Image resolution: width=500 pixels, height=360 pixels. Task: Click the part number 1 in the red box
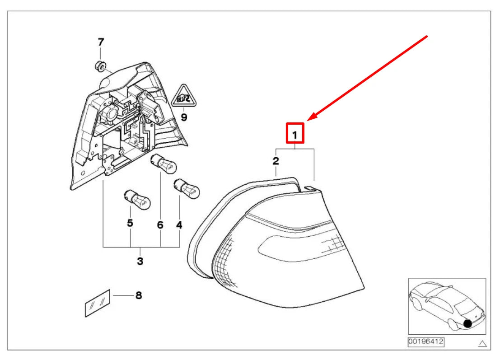pyautogui.click(x=294, y=135)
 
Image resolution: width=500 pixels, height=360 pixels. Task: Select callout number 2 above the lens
pyautogui.click(x=276, y=161)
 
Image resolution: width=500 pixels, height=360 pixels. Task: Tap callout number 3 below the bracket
pyautogui.click(x=140, y=261)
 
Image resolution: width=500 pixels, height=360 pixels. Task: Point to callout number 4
pyautogui.click(x=179, y=225)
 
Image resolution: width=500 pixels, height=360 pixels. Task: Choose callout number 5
pyautogui.click(x=130, y=223)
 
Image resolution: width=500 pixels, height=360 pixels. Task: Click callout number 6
pyautogui.click(x=160, y=225)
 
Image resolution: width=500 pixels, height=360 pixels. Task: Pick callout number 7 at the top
pyautogui.click(x=101, y=42)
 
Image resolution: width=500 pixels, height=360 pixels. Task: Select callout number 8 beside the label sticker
pyautogui.click(x=139, y=295)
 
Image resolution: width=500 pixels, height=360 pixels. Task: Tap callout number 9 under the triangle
pyautogui.click(x=184, y=117)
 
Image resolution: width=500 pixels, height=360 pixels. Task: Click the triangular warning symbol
pyautogui.click(x=184, y=96)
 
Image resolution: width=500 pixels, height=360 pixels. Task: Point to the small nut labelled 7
pyautogui.click(x=100, y=66)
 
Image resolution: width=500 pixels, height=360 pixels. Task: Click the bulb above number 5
pyautogui.click(x=137, y=200)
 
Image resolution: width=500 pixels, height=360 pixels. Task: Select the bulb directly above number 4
pyautogui.click(x=187, y=189)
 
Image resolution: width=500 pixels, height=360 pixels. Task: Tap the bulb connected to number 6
pyautogui.click(x=163, y=163)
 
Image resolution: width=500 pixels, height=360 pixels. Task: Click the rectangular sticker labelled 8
pyautogui.click(x=98, y=303)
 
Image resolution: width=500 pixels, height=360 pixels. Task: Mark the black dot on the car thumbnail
pyautogui.click(x=467, y=324)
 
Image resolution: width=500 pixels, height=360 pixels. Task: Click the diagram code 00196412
pyautogui.click(x=426, y=342)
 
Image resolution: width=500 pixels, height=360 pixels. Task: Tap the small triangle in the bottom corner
pyautogui.click(x=482, y=343)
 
